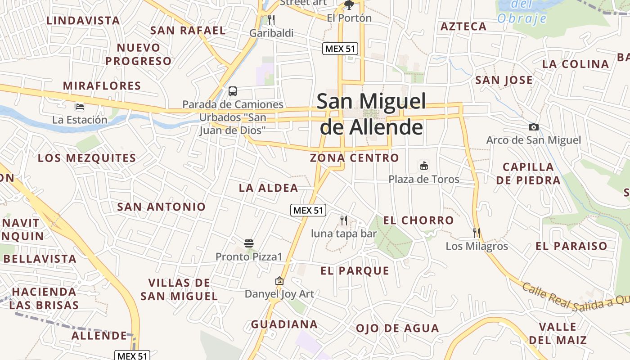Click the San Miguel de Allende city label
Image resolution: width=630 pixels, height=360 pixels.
click(371, 114)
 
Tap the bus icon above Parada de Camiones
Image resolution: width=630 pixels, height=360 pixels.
click(233, 91)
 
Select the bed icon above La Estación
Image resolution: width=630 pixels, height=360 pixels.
click(80, 107)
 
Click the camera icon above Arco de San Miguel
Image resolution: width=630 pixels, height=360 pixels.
click(534, 127)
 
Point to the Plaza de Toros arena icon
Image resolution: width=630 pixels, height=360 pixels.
click(424, 166)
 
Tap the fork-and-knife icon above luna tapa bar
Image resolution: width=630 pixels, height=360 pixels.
click(344, 220)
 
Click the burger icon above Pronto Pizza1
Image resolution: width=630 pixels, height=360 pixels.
click(249, 243)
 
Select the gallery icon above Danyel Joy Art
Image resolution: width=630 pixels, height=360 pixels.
click(279, 281)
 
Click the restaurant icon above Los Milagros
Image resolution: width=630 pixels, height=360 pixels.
click(477, 233)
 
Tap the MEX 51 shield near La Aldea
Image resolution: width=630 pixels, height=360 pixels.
click(308, 210)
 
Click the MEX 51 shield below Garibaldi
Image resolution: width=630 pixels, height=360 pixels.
click(340, 49)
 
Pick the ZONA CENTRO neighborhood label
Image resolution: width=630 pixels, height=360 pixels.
click(354, 158)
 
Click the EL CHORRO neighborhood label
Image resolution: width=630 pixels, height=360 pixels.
click(418, 220)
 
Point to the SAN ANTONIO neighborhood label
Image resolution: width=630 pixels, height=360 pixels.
click(161, 207)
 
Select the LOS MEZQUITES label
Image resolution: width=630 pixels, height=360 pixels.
click(87, 158)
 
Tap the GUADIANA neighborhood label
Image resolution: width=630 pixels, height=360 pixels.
click(284, 324)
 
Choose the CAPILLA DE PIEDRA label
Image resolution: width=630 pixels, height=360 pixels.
click(528, 174)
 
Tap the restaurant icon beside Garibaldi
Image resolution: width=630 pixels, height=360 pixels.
click(271, 19)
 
